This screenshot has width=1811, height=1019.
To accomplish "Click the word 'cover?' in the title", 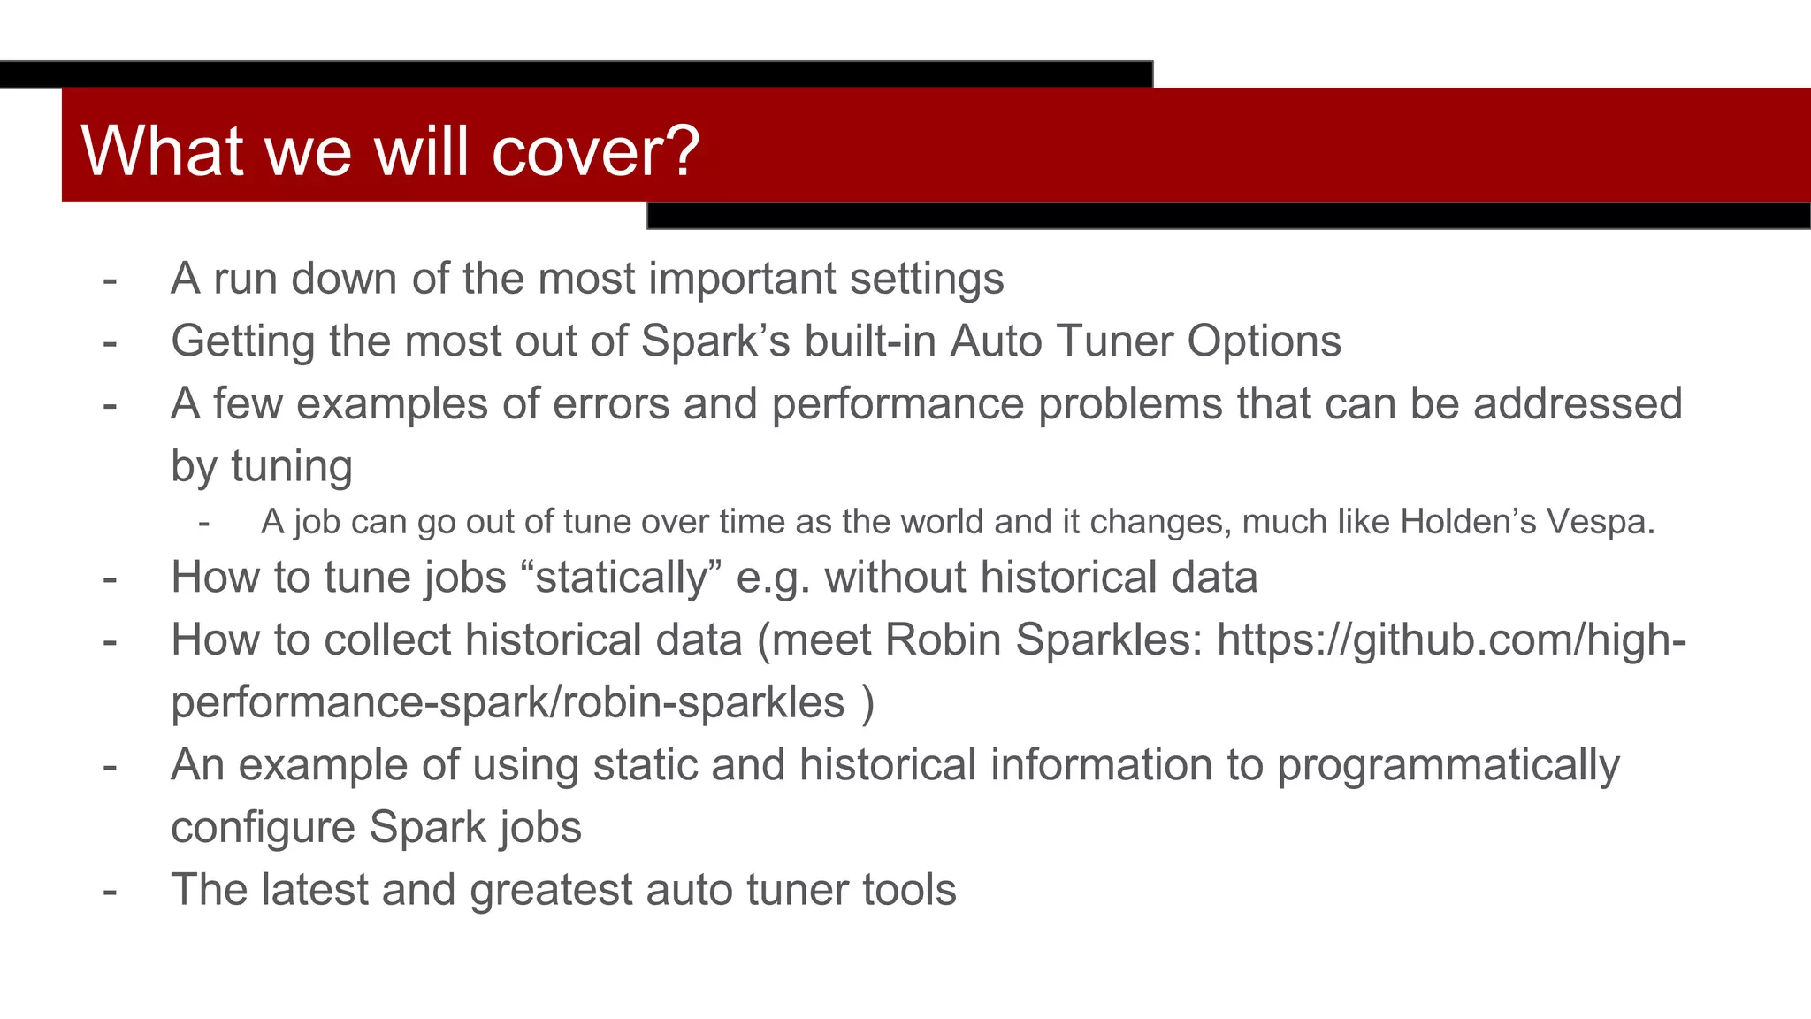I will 595,151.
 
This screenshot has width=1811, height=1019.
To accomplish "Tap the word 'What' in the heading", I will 162,151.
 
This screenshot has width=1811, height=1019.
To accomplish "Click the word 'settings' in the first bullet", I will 926,280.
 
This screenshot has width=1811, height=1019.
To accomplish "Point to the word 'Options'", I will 1264,341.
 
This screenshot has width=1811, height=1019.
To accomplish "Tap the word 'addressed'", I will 1578,404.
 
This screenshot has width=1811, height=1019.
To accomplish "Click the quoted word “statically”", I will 622,578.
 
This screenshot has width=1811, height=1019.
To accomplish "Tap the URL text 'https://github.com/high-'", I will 1451,640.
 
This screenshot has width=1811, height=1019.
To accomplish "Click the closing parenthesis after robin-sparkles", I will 867,703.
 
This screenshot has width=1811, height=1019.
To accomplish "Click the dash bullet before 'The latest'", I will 110,891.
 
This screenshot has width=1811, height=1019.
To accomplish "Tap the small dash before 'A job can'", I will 204,523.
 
